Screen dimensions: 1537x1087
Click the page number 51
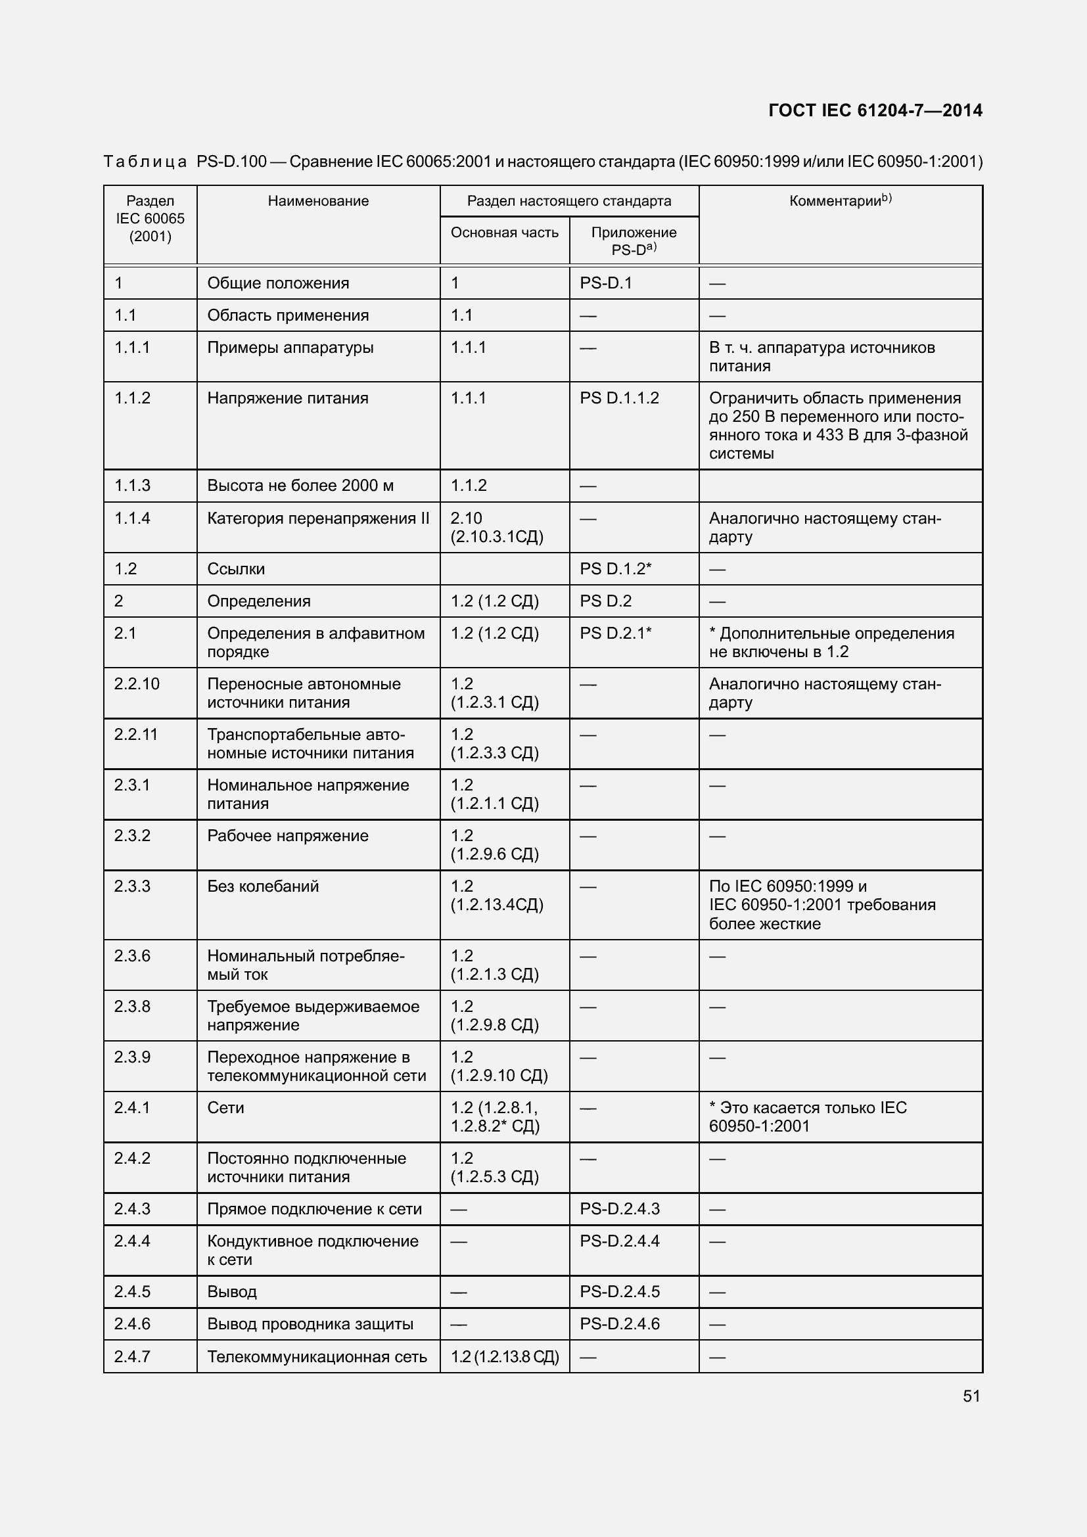(x=971, y=1396)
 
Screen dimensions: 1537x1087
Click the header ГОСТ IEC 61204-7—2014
(x=875, y=110)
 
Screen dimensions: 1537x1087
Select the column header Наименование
(x=318, y=201)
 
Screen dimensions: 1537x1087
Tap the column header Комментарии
(x=840, y=201)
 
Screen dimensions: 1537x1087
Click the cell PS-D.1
(x=606, y=283)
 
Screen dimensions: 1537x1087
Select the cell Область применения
(x=288, y=315)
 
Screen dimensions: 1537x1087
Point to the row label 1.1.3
(x=132, y=486)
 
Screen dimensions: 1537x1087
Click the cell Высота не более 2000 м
(x=300, y=486)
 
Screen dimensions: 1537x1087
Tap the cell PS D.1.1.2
(x=619, y=398)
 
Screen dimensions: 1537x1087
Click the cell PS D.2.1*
(x=615, y=633)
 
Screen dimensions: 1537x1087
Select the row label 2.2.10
(x=137, y=683)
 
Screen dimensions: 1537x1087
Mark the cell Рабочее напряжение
(x=288, y=835)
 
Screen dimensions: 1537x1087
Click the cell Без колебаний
(x=263, y=886)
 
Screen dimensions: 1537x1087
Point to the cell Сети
(x=225, y=1107)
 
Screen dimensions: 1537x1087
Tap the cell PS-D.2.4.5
(x=619, y=1291)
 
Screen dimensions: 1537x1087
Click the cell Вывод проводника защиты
(x=310, y=1323)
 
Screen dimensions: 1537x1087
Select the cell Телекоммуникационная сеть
(x=317, y=1356)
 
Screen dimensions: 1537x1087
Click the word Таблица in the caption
(x=145, y=162)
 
